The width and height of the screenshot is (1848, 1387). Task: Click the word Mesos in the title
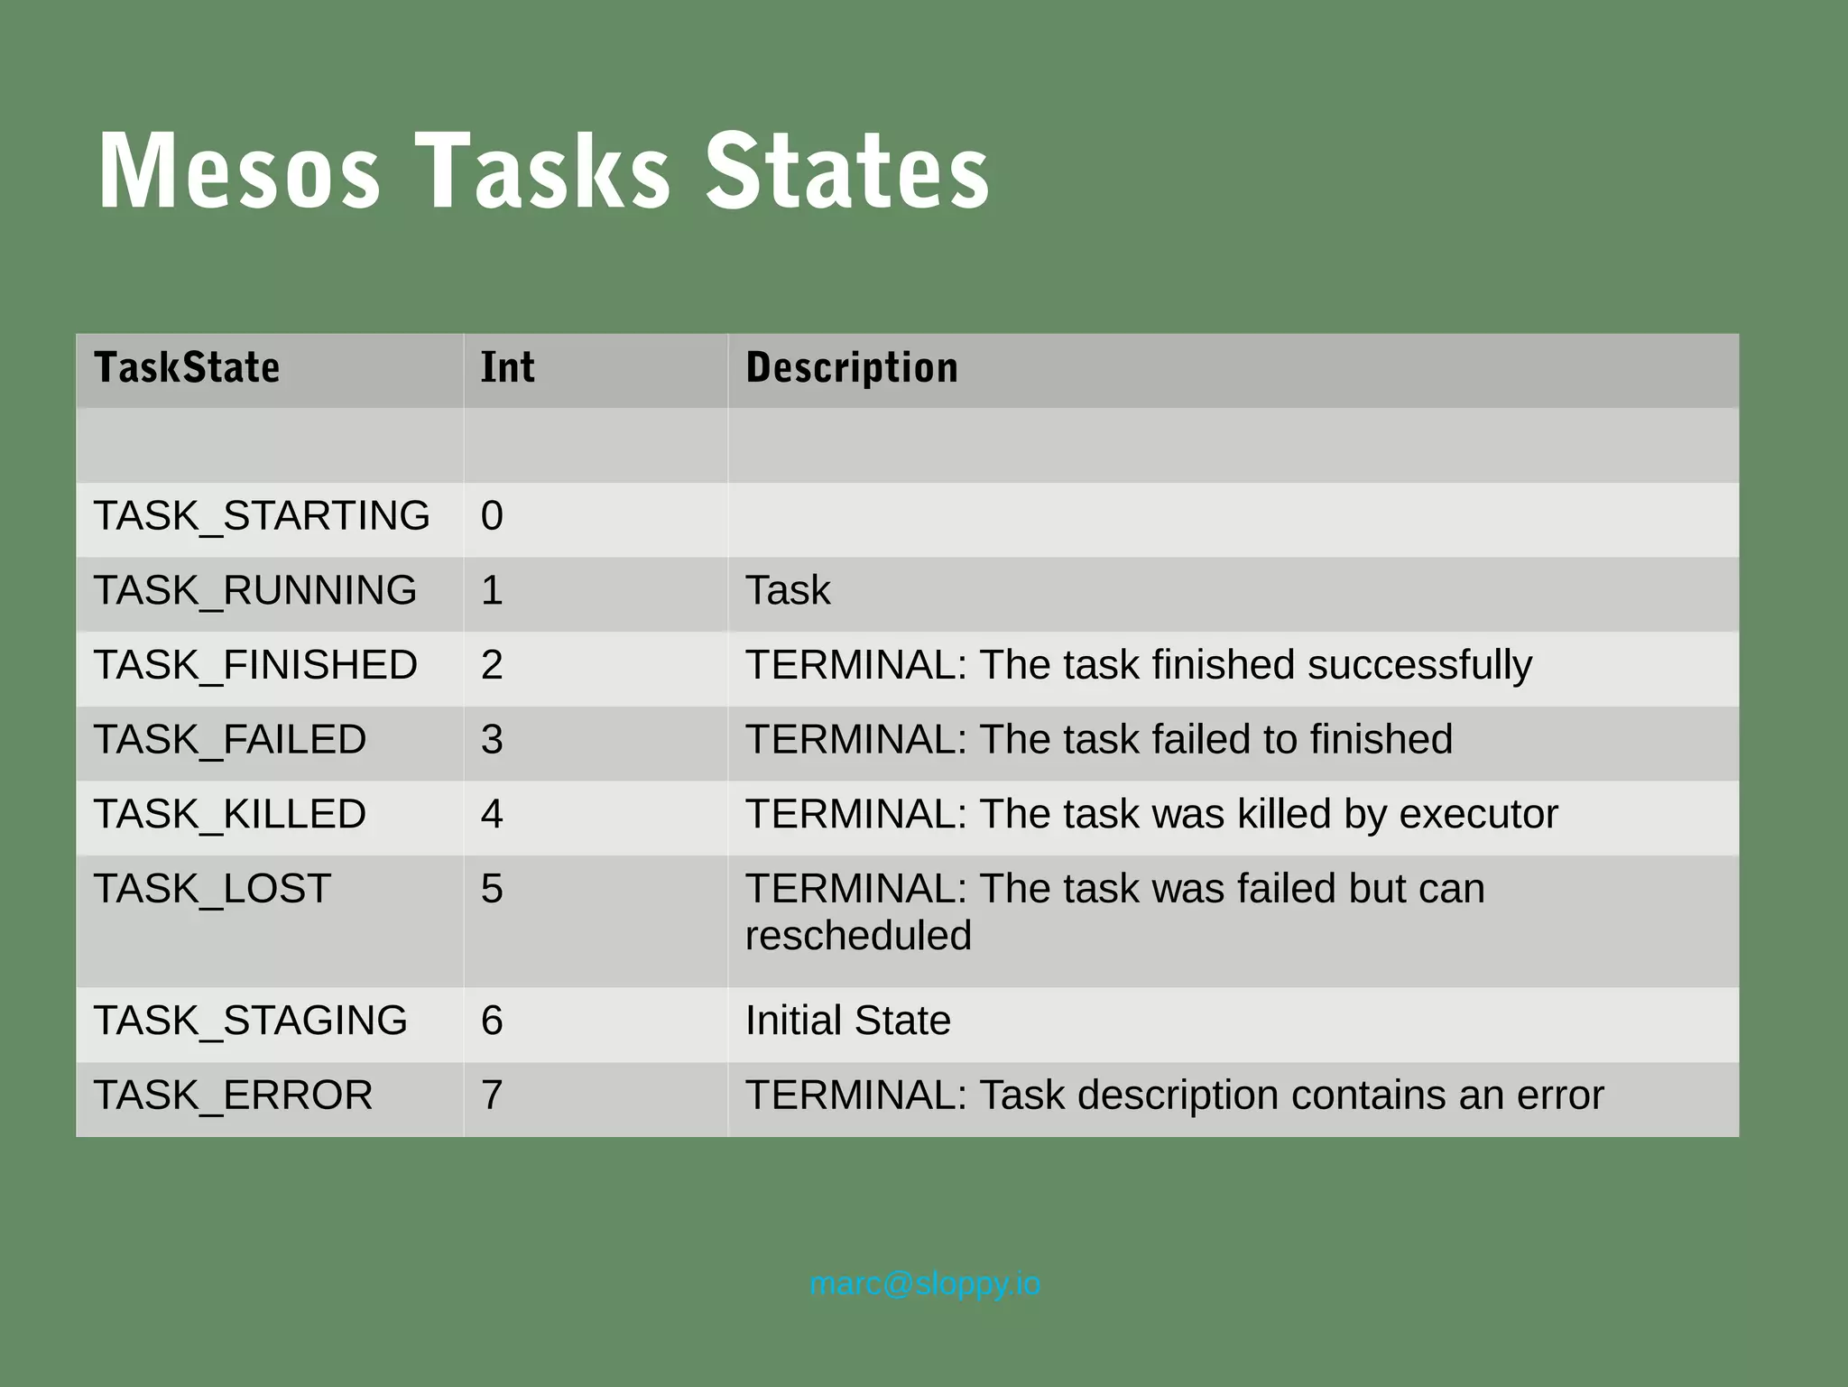(x=239, y=171)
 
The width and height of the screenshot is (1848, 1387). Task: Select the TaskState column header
(x=187, y=368)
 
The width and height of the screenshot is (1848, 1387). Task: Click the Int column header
(x=507, y=368)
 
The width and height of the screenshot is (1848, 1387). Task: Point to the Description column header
(x=852, y=368)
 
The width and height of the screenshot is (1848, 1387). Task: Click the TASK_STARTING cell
(x=262, y=516)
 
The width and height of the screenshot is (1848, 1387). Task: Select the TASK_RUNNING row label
(x=255, y=591)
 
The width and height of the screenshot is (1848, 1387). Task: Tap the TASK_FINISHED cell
(x=255, y=666)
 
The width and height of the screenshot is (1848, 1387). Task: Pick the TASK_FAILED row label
(x=230, y=740)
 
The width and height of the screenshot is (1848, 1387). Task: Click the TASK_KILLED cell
(x=230, y=815)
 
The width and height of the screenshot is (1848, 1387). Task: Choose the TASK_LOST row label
(x=213, y=890)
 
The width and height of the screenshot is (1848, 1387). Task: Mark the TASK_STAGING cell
(x=251, y=1022)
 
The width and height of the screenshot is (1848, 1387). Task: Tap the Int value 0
(x=492, y=516)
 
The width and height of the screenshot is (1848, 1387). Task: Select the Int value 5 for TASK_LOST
(x=492, y=890)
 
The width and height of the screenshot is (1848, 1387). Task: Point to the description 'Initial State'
(x=847, y=1022)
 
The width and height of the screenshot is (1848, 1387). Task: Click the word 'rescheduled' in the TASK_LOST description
(x=858, y=937)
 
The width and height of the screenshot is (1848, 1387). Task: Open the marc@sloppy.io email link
(x=925, y=1284)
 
